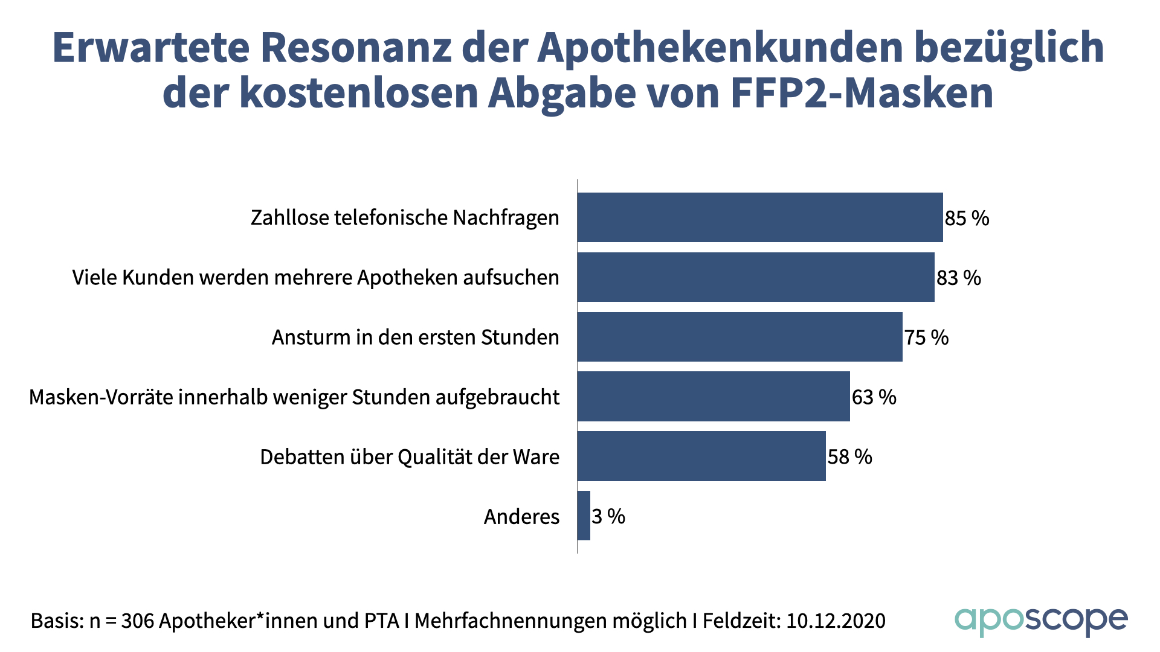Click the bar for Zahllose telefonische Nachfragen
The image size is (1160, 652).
[x=759, y=217]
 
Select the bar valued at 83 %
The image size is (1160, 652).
[x=755, y=277]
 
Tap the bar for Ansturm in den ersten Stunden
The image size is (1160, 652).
[x=739, y=337]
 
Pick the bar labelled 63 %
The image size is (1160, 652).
[x=713, y=397]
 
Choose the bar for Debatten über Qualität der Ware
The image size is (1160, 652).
[x=701, y=456]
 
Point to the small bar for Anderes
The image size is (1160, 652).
[x=584, y=516]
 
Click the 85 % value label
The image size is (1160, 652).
[x=967, y=218]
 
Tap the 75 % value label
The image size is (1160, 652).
[x=926, y=337]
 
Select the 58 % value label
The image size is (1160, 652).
[x=849, y=457]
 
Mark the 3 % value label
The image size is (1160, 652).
[x=608, y=517]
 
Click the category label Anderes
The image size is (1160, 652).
[x=521, y=517]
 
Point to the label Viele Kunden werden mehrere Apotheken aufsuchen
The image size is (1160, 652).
[x=315, y=278]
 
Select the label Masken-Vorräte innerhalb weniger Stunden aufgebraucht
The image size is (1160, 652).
[x=294, y=397]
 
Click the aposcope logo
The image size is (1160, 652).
[x=1040, y=621]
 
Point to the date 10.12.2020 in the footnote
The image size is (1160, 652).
[x=836, y=621]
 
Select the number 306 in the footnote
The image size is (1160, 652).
[x=138, y=621]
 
